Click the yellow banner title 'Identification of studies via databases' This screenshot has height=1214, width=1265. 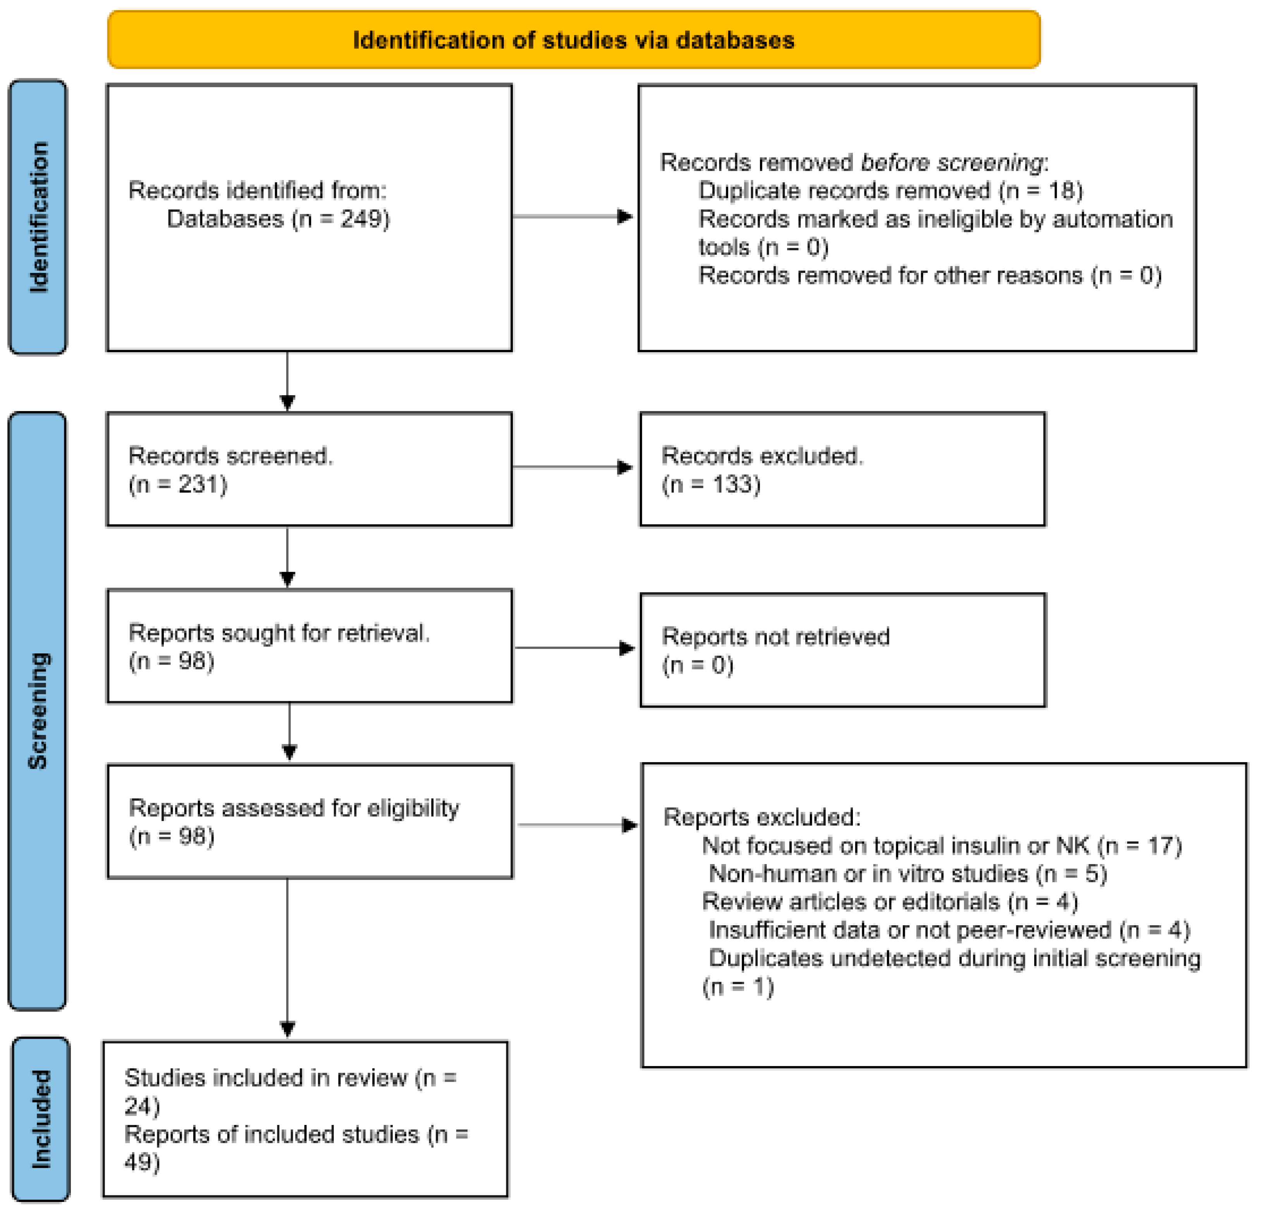(573, 40)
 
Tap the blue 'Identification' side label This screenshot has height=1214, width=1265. (38, 218)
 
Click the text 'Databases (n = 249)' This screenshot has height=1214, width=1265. (278, 219)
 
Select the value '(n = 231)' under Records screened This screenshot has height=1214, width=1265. (178, 484)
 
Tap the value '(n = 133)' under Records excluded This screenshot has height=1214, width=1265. (711, 484)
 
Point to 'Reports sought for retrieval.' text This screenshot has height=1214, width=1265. (279, 633)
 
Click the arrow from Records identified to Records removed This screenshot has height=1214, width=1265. (572, 217)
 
